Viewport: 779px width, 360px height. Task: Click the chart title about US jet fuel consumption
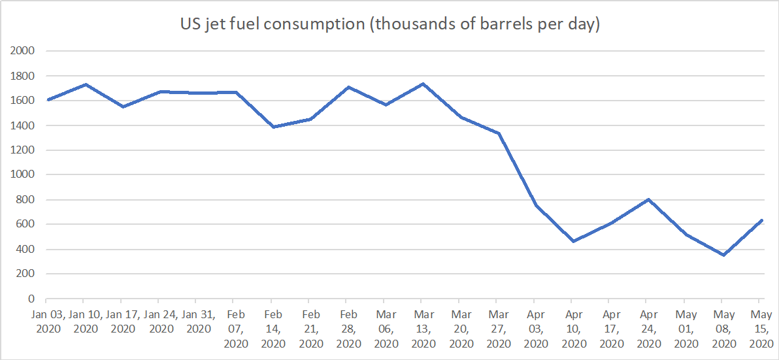tap(390, 25)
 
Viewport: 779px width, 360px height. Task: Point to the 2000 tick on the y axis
tap(23, 51)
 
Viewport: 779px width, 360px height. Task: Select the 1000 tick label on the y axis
tap(23, 174)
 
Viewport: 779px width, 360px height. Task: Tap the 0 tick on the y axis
tap(31, 299)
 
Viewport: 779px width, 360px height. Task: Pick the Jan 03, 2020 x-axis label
tap(47, 321)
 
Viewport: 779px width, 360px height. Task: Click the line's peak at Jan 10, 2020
tap(85, 84)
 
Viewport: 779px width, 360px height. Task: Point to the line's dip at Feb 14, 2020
tap(273, 127)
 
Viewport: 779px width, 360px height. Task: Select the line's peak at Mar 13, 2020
tap(423, 84)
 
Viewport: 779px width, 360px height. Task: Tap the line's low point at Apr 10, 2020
tap(574, 241)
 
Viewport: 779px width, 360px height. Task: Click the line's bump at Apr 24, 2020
tap(648, 199)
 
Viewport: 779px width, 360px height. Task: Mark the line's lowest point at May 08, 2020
tap(723, 255)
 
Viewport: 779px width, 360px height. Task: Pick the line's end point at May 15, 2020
tap(761, 221)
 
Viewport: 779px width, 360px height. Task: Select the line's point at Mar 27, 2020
tap(499, 133)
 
